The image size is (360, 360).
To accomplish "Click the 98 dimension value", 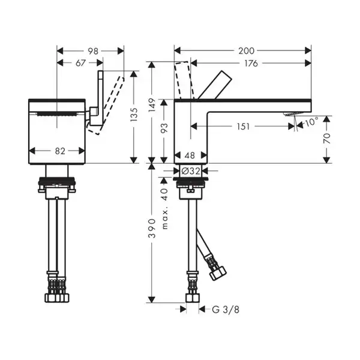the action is (93, 51).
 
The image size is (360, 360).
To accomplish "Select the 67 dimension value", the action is (80, 63).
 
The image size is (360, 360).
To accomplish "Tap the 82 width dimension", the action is (60, 151).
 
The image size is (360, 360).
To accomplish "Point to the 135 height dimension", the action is (134, 114).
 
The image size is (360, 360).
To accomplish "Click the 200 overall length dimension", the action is (247, 51).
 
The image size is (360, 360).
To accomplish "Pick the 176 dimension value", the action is (251, 64).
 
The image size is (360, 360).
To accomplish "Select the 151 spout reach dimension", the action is (243, 126).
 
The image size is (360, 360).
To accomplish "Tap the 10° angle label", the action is (311, 122).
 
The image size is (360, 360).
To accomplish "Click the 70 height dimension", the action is (327, 138).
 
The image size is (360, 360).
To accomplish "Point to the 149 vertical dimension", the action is (152, 105).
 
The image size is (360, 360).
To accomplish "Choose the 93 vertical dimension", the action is (164, 128).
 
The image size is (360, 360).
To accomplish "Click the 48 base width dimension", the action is (190, 155).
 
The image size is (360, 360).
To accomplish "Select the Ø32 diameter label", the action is (191, 171).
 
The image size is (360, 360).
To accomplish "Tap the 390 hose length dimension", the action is (152, 228).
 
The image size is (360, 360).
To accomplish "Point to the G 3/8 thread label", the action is (226, 310).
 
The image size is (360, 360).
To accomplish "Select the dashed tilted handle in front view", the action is (106, 105).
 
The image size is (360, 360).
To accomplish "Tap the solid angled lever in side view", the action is (214, 85).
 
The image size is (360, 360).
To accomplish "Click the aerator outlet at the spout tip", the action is (292, 114).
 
